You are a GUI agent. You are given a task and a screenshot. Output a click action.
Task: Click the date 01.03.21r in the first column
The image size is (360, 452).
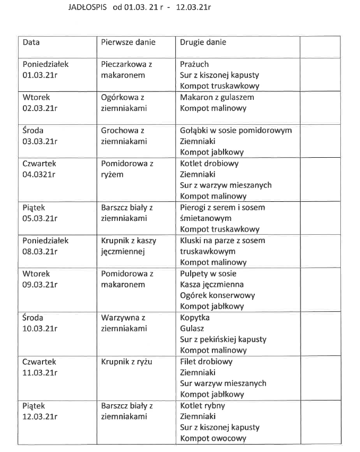point(40,75)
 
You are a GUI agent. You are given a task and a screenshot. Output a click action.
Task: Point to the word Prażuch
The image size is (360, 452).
point(194,64)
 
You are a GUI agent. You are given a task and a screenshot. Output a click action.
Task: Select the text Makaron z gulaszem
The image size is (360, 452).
point(217,97)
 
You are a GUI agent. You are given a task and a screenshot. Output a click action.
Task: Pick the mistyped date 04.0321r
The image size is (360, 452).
point(39,174)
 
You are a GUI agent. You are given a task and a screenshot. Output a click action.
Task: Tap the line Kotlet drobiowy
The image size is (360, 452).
point(209,164)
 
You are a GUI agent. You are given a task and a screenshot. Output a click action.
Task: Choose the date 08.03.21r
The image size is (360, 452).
point(40,252)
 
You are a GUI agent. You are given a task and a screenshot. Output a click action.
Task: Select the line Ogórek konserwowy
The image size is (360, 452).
point(217,295)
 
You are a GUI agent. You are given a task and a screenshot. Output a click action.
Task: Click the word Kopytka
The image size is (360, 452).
point(195,318)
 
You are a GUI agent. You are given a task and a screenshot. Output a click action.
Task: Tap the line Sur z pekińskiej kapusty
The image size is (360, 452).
point(223,339)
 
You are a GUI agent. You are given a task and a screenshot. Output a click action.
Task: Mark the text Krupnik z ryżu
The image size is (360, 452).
point(126,362)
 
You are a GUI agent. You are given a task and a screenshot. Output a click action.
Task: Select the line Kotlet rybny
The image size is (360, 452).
point(202,406)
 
